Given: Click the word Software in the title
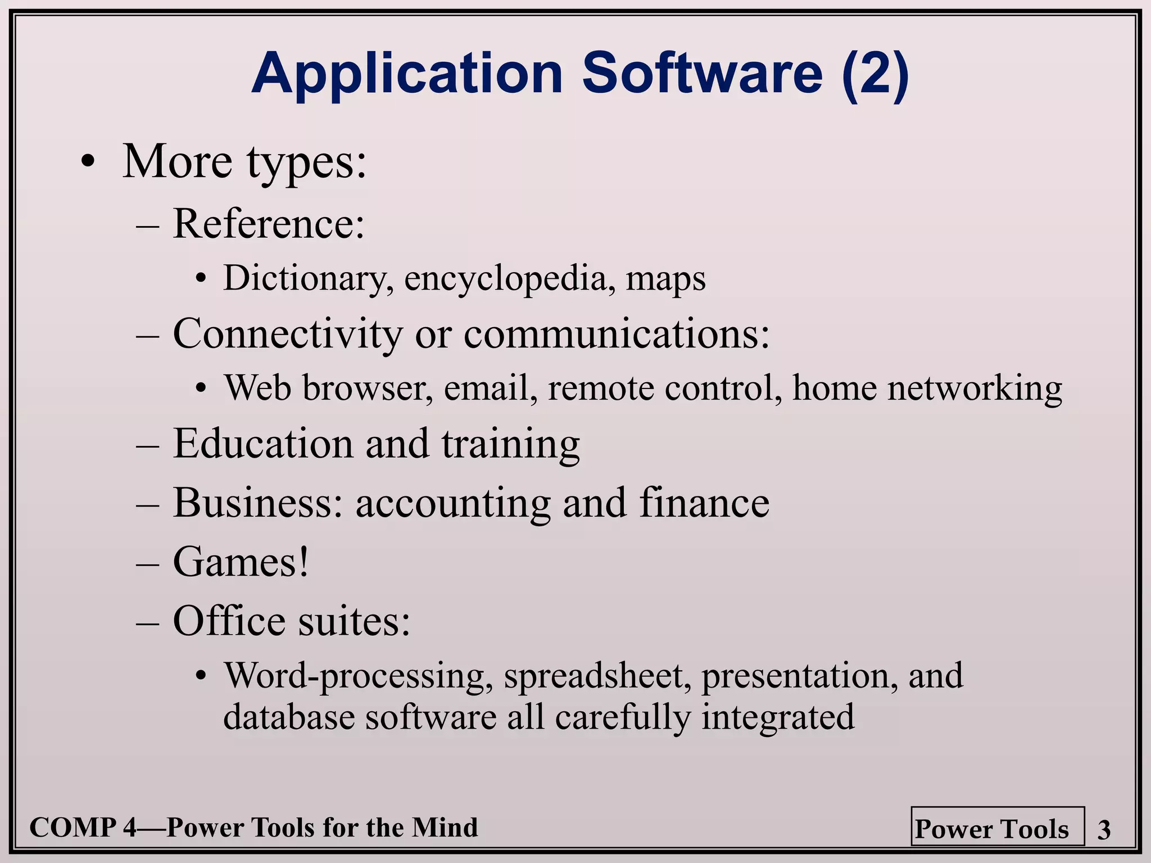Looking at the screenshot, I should pos(702,74).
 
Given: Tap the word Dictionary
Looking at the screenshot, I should pos(308,278).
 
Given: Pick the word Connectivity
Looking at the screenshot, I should pos(288,334).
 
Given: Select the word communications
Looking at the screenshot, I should pos(617,334).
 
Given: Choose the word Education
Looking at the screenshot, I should pos(264,444).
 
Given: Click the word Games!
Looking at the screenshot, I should pos(241,562).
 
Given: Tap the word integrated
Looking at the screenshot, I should pos(778,718).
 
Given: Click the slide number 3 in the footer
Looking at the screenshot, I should pos(1104,830).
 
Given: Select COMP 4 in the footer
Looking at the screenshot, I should pos(82,828).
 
